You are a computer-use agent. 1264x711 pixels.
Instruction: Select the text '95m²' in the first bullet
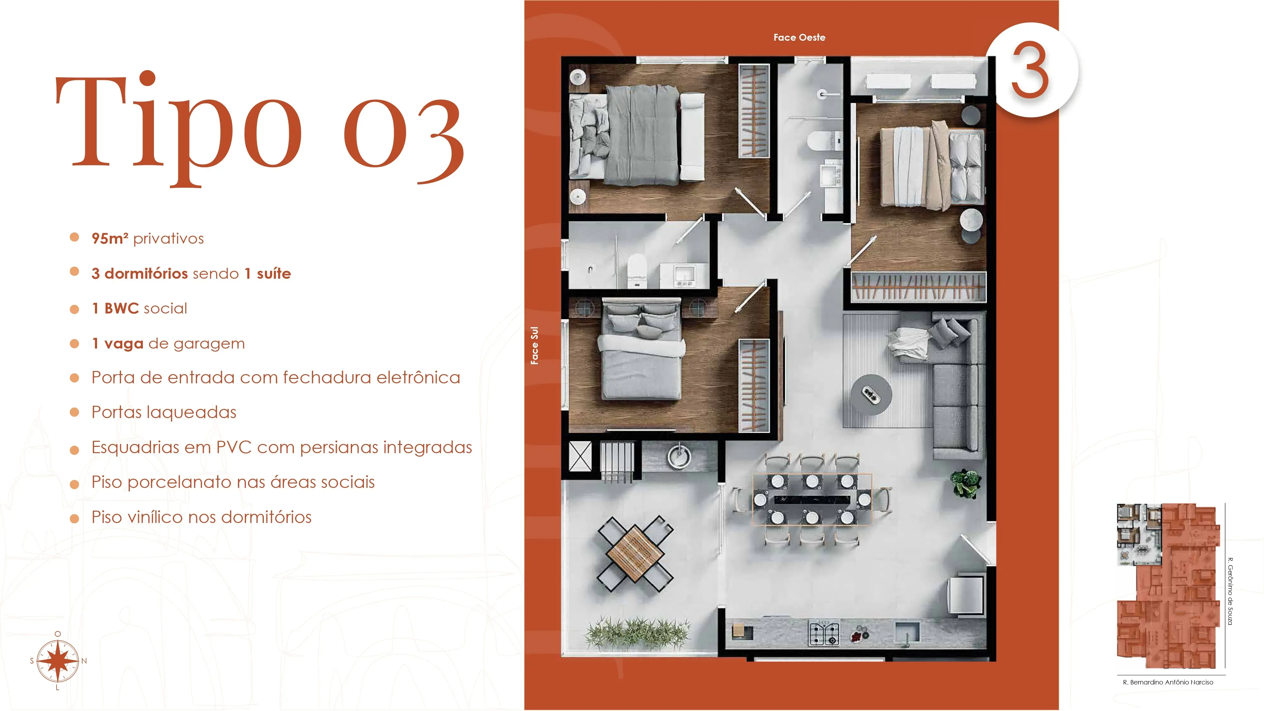(x=110, y=239)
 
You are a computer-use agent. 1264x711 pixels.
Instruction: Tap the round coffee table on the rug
(x=871, y=394)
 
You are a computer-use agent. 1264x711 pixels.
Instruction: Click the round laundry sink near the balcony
(x=679, y=456)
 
